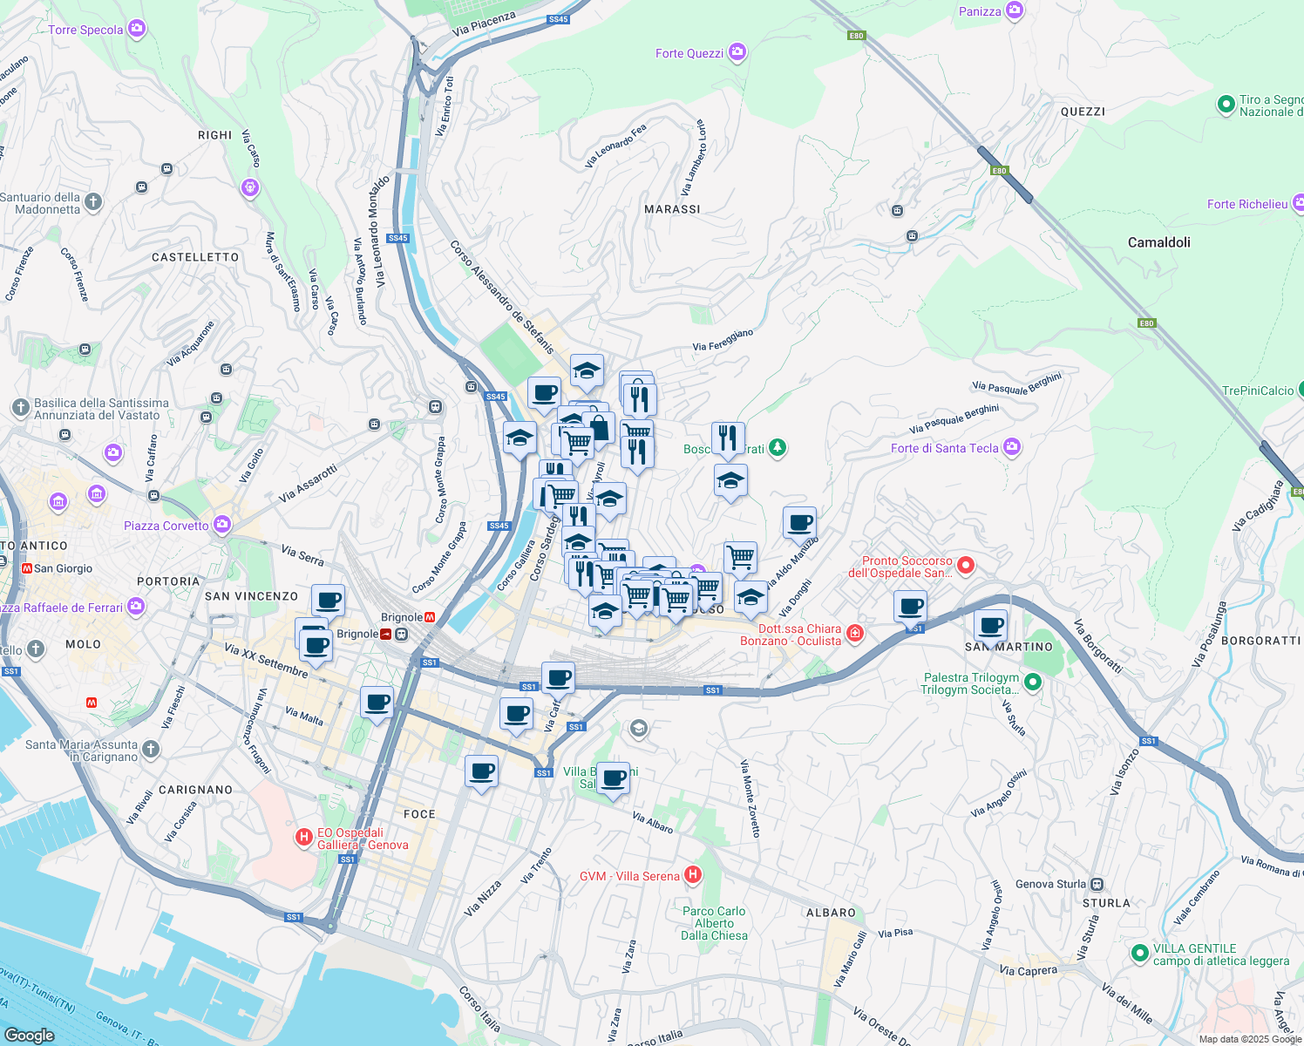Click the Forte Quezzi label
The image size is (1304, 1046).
689,53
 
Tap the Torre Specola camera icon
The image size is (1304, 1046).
137,29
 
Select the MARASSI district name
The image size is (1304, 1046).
672,209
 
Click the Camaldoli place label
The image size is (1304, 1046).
1158,242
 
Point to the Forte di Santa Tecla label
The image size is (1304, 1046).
944,448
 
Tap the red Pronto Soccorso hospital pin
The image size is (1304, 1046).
966,566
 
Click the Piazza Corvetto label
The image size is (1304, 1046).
166,526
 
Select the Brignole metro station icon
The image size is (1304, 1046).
429,617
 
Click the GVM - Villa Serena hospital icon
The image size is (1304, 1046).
693,874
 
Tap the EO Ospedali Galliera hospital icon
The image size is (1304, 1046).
303,838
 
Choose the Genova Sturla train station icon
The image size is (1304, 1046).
1097,884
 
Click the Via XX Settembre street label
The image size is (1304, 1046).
266,661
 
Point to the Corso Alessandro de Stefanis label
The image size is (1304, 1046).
502,297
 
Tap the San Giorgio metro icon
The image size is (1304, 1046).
26,568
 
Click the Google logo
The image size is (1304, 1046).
30,1035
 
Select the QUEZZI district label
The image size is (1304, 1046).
1083,112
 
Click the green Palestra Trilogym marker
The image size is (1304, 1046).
1033,683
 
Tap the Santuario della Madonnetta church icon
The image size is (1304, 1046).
93,202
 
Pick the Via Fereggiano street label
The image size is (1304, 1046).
723,340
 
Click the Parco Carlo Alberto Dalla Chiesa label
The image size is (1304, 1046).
714,923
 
